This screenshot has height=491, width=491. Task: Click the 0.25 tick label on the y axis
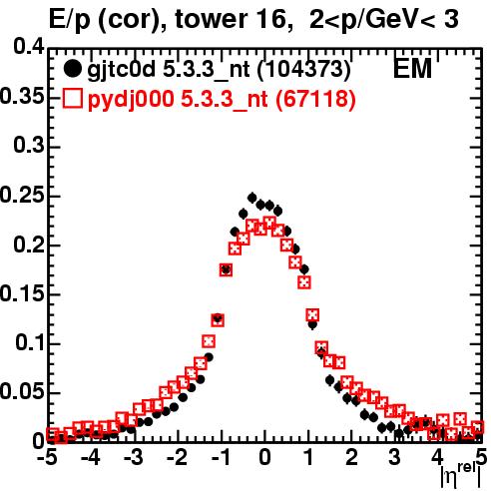22,195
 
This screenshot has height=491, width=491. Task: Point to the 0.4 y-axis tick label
29,47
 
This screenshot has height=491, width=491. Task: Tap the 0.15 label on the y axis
22,293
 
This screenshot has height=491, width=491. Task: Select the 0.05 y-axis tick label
22,391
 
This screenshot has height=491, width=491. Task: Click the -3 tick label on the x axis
135,457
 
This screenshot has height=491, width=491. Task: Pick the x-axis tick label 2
351,457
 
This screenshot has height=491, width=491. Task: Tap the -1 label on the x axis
221,457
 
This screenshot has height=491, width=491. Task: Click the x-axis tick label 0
264,457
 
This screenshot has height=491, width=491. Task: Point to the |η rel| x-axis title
461,476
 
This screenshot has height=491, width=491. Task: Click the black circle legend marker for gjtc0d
72,69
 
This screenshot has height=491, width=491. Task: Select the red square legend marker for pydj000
72,98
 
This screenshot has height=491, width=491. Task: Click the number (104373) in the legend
304,69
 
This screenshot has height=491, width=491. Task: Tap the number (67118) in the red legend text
315,99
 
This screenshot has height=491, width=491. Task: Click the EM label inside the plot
412,69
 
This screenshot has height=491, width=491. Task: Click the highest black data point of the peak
252,198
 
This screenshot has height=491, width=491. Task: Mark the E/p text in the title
70,20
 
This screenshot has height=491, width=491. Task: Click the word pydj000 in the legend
131,100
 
